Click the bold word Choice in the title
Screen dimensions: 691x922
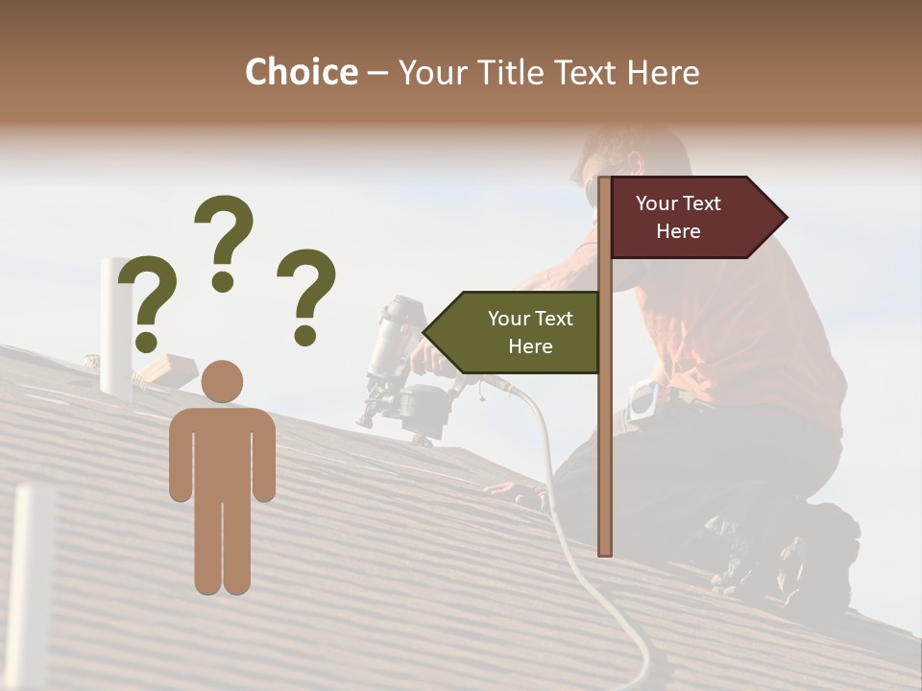(x=301, y=72)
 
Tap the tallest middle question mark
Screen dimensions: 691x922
(x=224, y=240)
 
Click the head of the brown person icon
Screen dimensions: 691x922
(x=222, y=381)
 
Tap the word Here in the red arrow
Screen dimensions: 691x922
(x=678, y=231)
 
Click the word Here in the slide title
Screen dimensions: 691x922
(x=663, y=73)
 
